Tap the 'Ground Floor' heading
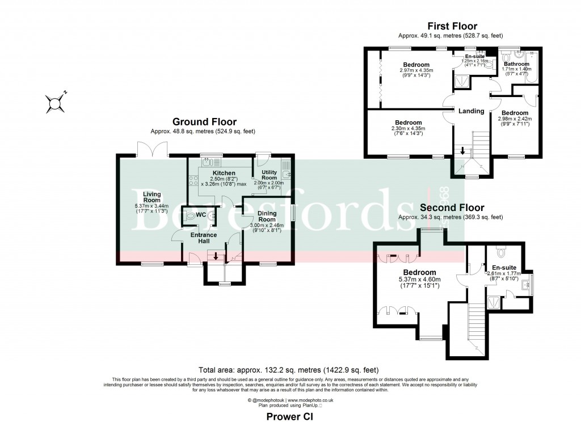click(204, 122)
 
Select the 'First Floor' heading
click(452, 26)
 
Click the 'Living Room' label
click(151, 197)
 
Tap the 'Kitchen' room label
click(224, 172)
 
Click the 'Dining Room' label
click(267, 216)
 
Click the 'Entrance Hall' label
click(203, 238)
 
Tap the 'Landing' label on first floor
click(471, 111)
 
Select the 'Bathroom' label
click(516, 65)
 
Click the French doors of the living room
click(151, 149)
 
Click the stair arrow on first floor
click(464, 151)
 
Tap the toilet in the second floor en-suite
click(500, 250)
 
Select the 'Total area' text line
click(289, 369)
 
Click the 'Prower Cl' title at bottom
click(290, 416)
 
